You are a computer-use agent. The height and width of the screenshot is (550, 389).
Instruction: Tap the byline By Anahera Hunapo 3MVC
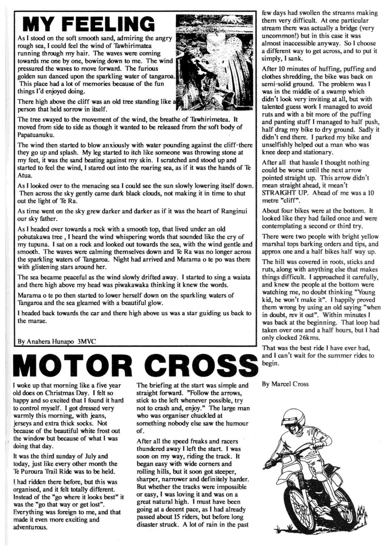point(57,341)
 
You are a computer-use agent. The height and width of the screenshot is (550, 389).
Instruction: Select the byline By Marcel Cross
point(285,384)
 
